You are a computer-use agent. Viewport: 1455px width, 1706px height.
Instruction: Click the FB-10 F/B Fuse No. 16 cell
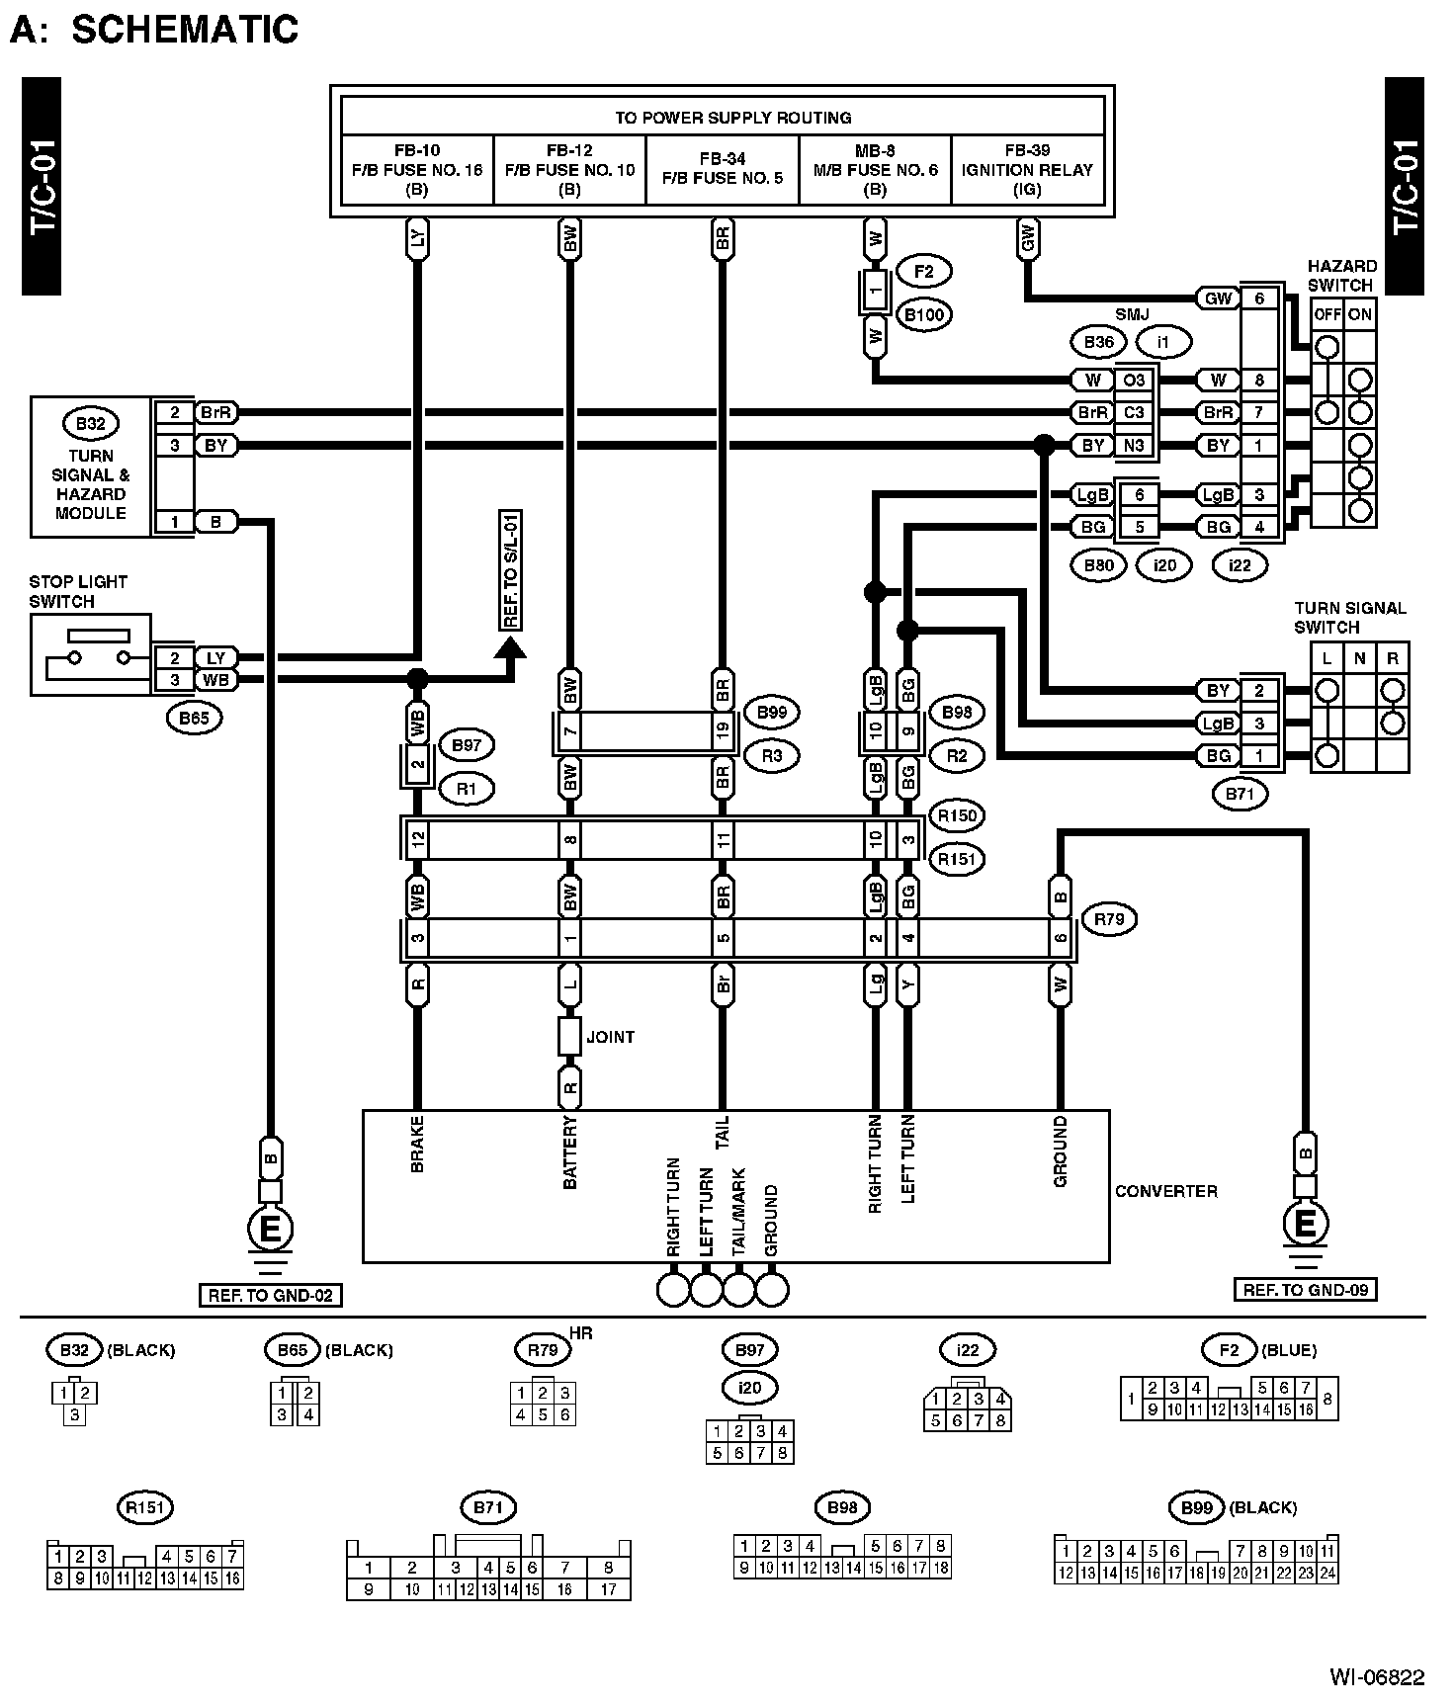click(417, 170)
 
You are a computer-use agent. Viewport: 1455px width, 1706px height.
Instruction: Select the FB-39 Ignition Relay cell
click(1027, 170)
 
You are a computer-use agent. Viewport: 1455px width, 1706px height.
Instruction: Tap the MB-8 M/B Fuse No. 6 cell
click(875, 170)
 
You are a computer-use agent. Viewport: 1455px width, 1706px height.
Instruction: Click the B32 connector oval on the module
click(90, 424)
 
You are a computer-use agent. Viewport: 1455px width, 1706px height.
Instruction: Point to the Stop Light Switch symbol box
click(90, 654)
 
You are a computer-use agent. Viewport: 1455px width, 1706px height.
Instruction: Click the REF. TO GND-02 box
click(270, 1295)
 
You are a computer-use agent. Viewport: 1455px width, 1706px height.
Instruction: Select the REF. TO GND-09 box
click(1305, 1290)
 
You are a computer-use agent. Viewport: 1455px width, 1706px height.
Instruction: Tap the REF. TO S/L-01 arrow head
click(510, 649)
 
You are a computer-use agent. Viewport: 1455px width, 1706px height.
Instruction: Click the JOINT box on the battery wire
click(569, 1037)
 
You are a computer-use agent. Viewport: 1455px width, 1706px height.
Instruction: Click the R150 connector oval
click(956, 816)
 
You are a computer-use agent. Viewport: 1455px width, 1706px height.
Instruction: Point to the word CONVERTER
click(1166, 1191)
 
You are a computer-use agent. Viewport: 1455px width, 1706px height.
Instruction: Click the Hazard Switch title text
click(1341, 276)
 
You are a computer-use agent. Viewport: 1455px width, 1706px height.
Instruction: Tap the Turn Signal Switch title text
click(1349, 618)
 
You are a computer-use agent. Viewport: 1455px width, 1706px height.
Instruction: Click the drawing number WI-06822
click(1376, 1676)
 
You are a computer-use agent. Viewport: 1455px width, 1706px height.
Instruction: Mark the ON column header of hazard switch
click(1360, 315)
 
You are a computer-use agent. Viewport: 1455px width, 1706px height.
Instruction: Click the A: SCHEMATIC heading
click(154, 30)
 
